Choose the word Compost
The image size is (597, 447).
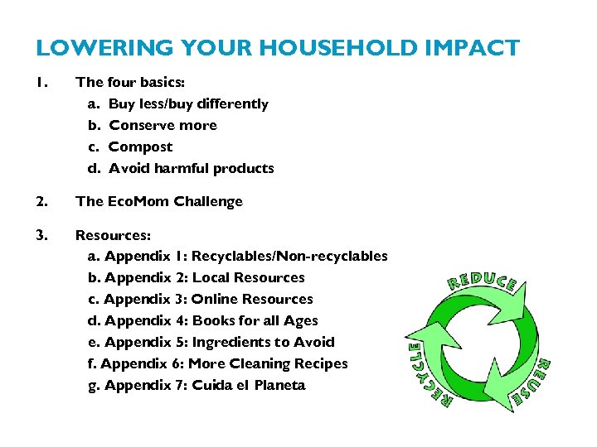(141, 147)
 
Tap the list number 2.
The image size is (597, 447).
(41, 202)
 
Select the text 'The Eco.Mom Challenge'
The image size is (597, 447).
(159, 202)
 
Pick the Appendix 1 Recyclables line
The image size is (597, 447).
(237, 257)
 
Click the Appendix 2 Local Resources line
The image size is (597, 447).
(196, 278)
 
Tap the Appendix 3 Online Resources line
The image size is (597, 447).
(200, 300)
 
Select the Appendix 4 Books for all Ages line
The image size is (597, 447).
(202, 321)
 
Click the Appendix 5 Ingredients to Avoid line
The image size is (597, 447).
(211, 343)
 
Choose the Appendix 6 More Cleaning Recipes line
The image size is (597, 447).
(217, 364)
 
